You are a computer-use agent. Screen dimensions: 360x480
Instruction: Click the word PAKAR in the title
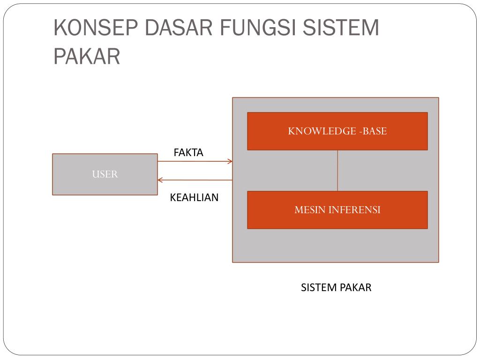click(87, 57)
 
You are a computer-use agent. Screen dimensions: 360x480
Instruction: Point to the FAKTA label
click(188, 152)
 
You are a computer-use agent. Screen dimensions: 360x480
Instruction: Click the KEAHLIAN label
click(194, 197)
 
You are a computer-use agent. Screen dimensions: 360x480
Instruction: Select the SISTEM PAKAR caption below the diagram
click(336, 288)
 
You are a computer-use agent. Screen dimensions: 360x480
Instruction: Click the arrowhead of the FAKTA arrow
click(230, 162)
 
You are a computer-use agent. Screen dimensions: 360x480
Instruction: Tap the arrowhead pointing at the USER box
click(160, 180)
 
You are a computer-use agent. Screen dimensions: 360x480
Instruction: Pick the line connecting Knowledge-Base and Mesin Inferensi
click(337, 171)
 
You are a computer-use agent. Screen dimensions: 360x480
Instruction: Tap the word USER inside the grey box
click(105, 174)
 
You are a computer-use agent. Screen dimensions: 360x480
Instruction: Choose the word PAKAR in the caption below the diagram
click(356, 288)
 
